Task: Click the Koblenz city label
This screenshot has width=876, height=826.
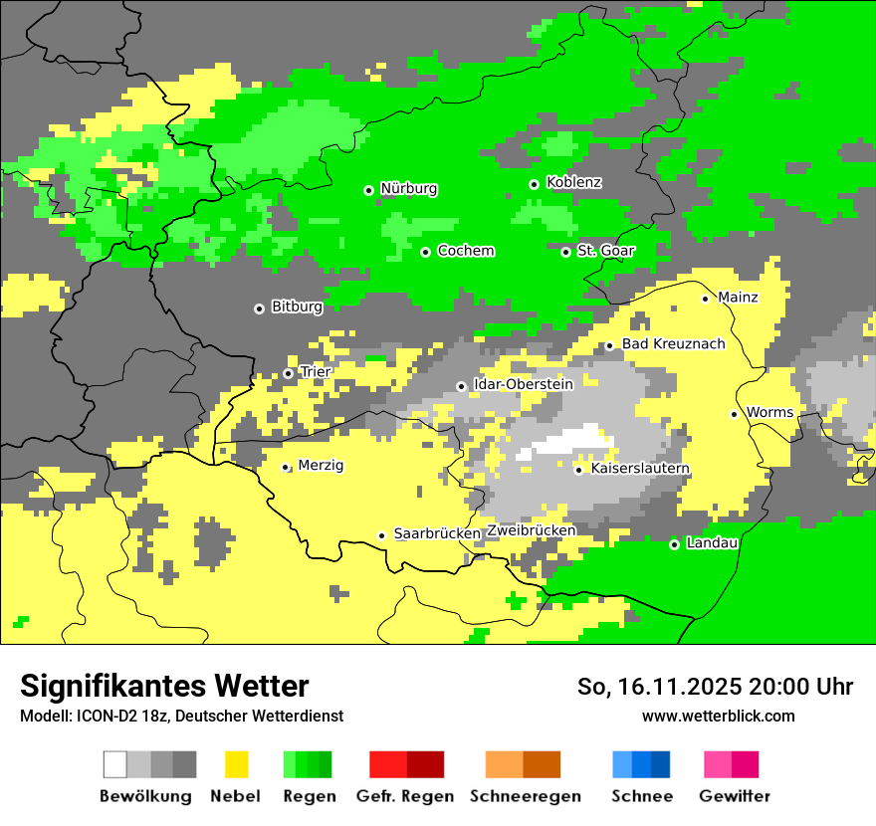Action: [573, 182]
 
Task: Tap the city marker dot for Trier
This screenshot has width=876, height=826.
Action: [288, 373]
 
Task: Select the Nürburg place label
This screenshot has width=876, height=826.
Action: [409, 188]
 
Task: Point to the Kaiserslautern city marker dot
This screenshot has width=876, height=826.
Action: [578, 470]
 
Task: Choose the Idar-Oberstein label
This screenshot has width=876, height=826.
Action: [524, 384]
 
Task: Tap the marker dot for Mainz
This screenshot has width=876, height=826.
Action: [705, 299]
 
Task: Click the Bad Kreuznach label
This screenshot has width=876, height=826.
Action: [673, 343]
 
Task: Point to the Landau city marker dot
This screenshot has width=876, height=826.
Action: [674, 544]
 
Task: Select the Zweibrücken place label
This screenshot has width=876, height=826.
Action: [531, 530]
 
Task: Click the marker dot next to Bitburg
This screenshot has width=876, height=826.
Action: [259, 309]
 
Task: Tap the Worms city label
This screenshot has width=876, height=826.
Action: [769, 412]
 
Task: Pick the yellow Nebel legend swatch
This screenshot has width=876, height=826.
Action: [236, 764]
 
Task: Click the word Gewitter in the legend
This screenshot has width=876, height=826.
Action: [734, 796]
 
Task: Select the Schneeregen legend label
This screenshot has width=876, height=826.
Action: [525, 796]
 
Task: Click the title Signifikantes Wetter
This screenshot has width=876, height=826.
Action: [164, 686]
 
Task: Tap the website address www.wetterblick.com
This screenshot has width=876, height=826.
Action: [718, 716]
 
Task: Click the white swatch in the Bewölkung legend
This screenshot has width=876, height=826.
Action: [115, 764]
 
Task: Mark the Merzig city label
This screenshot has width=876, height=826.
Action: [321, 465]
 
